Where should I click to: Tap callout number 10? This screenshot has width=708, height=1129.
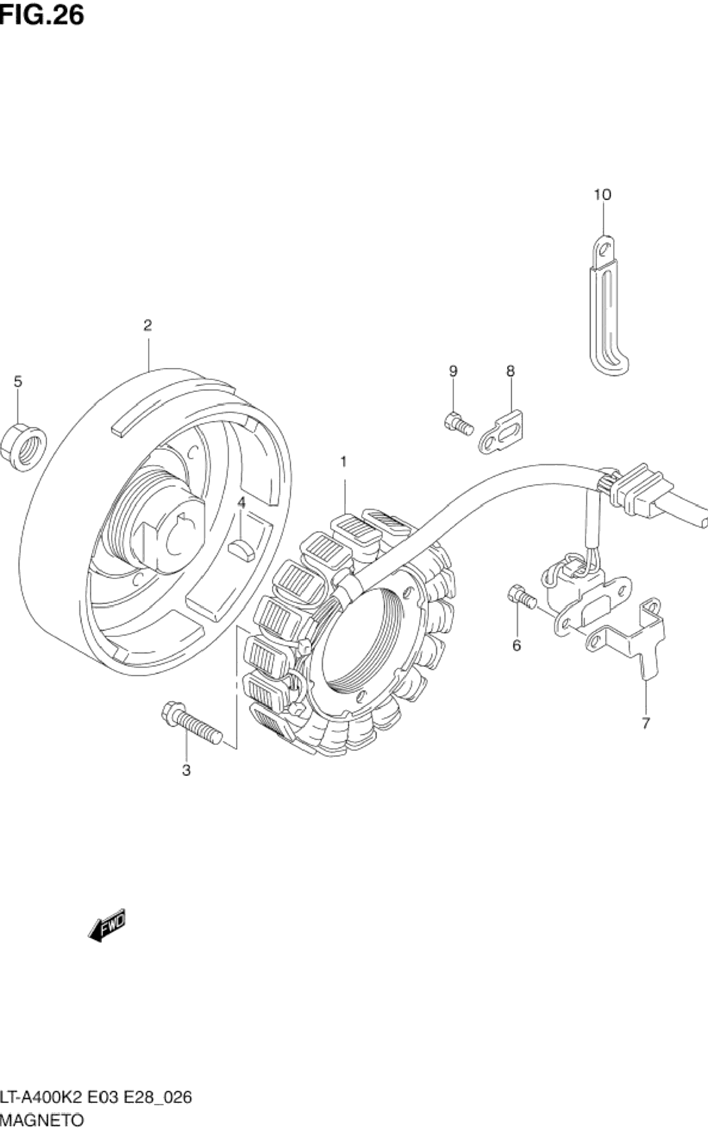click(603, 194)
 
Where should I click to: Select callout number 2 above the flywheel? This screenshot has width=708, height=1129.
click(148, 325)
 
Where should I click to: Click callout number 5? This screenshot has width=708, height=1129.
click(18, 381)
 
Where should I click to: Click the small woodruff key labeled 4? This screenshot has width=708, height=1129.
click(242, 548)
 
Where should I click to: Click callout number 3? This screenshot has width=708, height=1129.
click(186, 770)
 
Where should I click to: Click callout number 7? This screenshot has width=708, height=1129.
click(646, 723)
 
